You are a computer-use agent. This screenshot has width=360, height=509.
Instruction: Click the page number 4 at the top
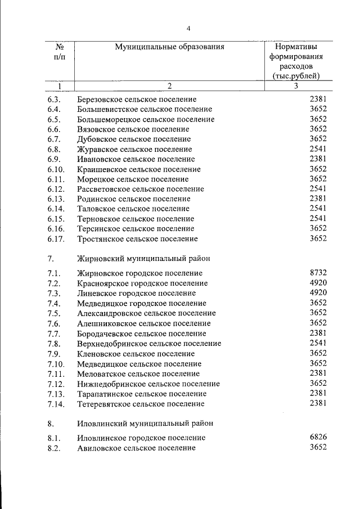click(x=189, y=29)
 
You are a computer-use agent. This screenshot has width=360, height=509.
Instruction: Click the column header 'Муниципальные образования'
click(x=169, y=47)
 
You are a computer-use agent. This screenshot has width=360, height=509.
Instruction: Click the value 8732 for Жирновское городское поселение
click(x=318, y=272)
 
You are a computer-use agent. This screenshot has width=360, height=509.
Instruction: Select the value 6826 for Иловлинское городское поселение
click(x=318, y=437)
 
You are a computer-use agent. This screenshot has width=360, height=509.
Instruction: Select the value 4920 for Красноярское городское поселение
click(x=318, y=282)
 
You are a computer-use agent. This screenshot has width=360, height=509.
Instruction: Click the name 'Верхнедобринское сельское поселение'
click(x=149, y=344)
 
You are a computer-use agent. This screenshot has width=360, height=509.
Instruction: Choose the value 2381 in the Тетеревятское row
click(x=318, y=403)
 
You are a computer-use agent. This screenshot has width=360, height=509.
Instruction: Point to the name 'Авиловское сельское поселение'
click(x=136, y=448)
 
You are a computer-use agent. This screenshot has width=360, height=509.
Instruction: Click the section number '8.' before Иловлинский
click(x=52, y=423)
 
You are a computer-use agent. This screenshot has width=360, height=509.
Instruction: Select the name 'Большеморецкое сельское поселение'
click(x=146, y=119)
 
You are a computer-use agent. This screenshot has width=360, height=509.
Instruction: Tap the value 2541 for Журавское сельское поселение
click(x=318, y=149)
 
